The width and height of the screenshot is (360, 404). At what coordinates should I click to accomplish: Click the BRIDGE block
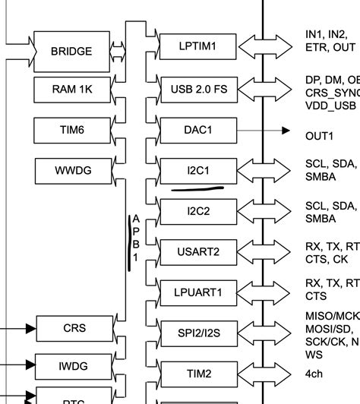point(71,52)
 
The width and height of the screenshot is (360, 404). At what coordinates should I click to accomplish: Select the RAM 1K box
point(72,90)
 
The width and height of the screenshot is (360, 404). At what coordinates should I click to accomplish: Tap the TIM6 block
point(72,131)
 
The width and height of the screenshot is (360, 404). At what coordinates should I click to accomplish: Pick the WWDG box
point(72,171)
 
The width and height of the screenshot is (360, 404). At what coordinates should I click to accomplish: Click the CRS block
point(74,329)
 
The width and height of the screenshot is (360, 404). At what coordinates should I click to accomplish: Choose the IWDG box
point(74,367)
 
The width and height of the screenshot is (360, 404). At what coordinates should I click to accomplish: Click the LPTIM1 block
point(198,47)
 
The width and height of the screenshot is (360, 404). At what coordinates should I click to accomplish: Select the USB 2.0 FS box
point(198,89)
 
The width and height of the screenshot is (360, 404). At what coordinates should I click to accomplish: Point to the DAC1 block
point(198,131)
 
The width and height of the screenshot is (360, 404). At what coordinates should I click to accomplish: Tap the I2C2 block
point(198,210)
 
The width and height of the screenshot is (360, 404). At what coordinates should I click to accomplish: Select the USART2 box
point(198,251)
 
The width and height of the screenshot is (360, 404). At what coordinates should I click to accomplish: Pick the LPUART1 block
point(198,292)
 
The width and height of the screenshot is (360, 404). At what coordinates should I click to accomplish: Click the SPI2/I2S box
point(198,333)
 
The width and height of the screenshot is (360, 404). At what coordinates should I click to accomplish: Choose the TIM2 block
point(198,374)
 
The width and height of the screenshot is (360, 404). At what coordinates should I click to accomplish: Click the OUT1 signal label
point(320,136)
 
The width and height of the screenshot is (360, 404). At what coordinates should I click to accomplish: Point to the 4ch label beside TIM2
point(314,374)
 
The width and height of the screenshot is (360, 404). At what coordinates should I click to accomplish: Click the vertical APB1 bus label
point(135,238)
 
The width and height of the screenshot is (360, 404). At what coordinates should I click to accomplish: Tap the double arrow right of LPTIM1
point(264,47)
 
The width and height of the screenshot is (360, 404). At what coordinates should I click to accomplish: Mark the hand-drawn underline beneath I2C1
point(197,187)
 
